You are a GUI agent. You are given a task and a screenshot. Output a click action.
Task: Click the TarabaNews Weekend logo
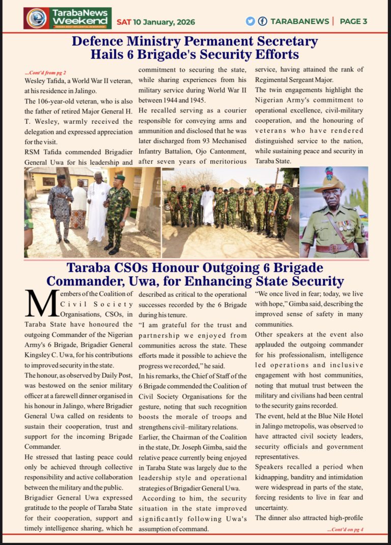[x=67, y=18]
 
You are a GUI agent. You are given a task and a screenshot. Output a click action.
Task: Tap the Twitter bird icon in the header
[x=250, y=21]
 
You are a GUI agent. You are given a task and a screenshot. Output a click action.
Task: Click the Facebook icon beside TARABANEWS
[x=262, y=21]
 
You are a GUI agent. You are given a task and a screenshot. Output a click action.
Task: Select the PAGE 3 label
[x=353, y=21]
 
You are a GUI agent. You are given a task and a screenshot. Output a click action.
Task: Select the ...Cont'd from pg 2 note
[x=45, y=73]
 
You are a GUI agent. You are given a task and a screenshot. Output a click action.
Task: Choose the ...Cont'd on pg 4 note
[x=345, y=529]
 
